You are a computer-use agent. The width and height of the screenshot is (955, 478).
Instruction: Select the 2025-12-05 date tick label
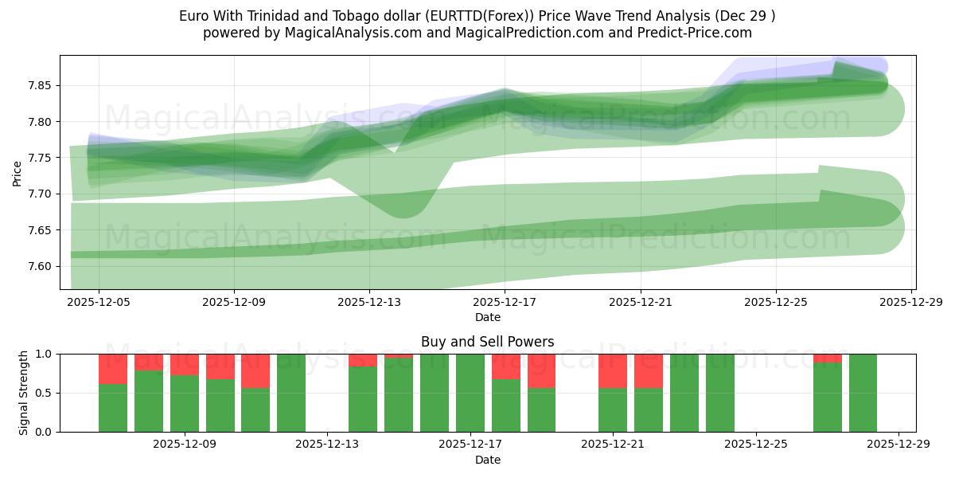98,303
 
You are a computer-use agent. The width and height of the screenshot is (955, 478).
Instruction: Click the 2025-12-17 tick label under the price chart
505,303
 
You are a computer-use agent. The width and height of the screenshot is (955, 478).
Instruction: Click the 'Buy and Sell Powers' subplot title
487,342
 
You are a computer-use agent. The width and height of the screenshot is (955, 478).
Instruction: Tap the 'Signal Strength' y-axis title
24,393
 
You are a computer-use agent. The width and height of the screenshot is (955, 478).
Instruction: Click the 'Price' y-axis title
18,172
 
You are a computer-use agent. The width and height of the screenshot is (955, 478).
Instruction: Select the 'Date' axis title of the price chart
487,317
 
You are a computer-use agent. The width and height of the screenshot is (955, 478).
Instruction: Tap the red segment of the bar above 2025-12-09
185,364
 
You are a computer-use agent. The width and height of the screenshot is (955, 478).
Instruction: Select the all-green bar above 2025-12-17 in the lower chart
470,393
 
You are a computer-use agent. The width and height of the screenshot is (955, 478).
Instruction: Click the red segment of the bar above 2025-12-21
613,370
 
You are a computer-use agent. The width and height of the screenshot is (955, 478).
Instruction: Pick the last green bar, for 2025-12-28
863,393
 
